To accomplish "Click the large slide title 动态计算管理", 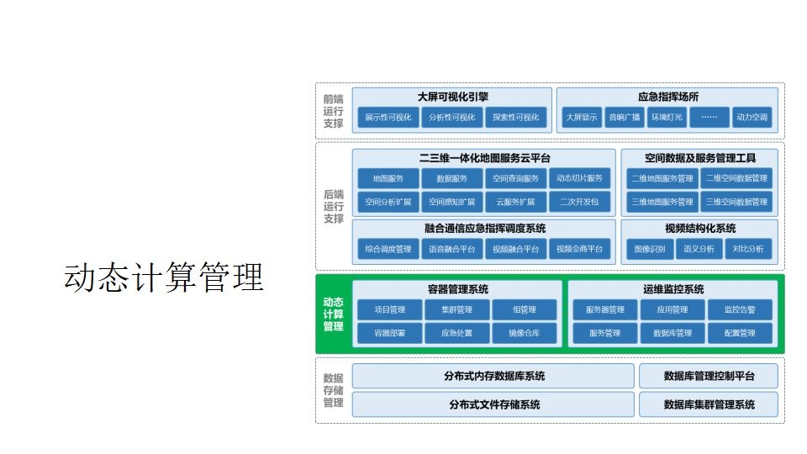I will (164, 277).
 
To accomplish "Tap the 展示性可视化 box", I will (388, 118).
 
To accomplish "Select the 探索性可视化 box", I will (516, 118).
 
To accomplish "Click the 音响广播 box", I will (625, 118).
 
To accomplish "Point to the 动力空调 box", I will (751, 118).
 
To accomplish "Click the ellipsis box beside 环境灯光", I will (709, 118).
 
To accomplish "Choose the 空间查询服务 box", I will (516, 178).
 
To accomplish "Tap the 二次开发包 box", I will (579, 202).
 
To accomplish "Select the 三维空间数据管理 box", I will (736, 202).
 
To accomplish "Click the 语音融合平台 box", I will (452, 249).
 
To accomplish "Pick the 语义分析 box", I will (699, 249).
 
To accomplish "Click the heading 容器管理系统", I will (457, 289).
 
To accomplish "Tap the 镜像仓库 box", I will (524, 334).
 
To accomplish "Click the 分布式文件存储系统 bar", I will (493, 404).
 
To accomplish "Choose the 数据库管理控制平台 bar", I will (709, 376).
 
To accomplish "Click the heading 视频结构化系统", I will (699, 228).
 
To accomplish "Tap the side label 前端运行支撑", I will (334, 111).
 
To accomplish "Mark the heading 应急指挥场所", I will (668, 97).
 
